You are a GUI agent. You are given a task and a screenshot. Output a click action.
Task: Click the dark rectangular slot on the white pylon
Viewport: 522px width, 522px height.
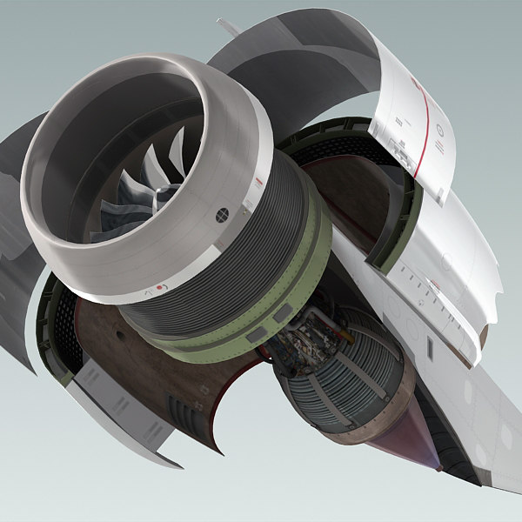(428, 347)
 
